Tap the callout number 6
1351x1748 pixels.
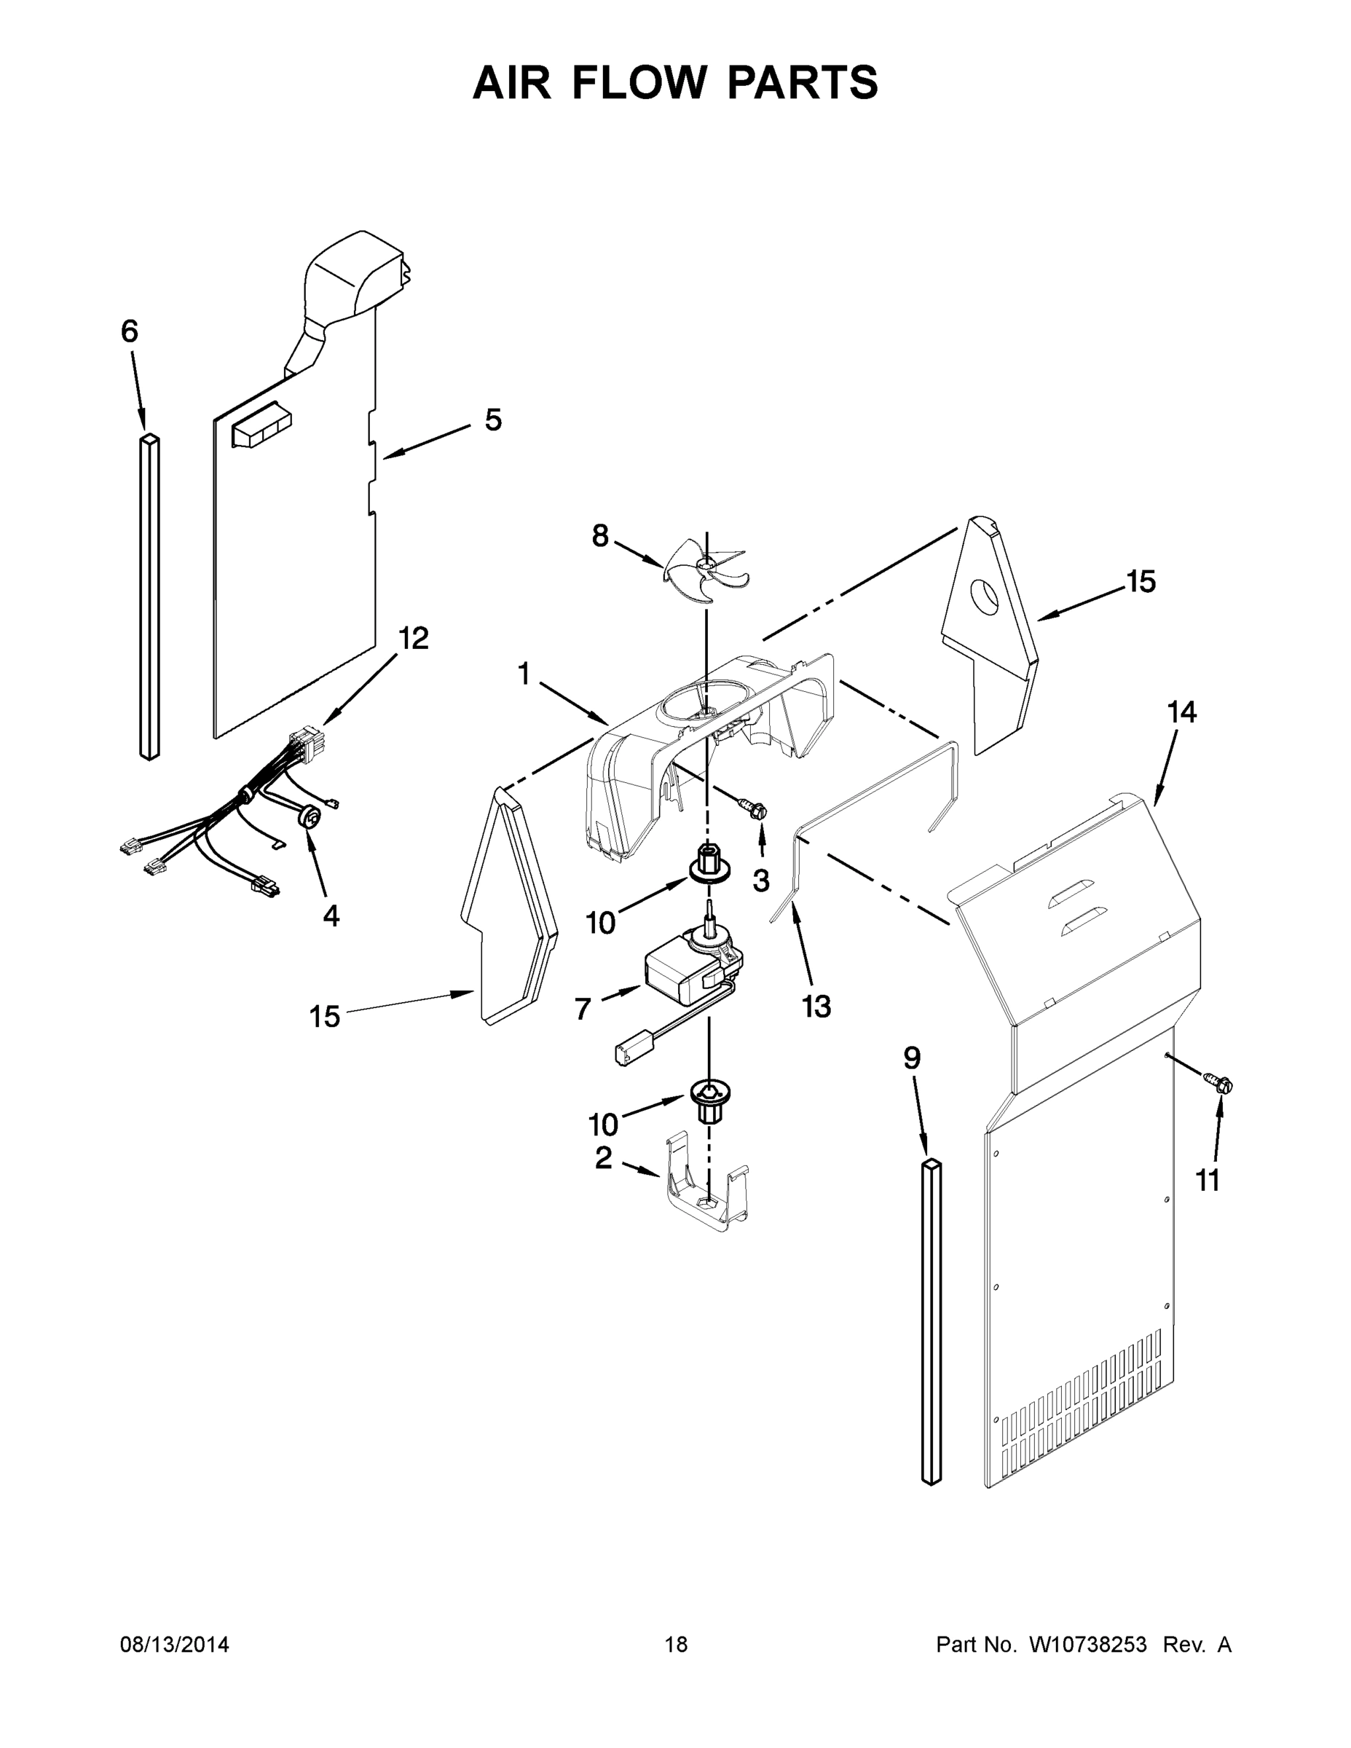point(130,331)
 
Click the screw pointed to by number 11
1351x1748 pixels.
point(1221,1084)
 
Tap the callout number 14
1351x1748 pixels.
point(1181,712)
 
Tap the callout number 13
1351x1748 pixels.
point(816,1006)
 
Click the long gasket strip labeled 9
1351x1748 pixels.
point(931,1320)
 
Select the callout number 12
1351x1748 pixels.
point(414,638)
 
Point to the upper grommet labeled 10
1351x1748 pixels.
point(707,871)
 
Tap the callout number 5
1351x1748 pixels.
point(493,420)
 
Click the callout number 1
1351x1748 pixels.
point(524,674)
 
